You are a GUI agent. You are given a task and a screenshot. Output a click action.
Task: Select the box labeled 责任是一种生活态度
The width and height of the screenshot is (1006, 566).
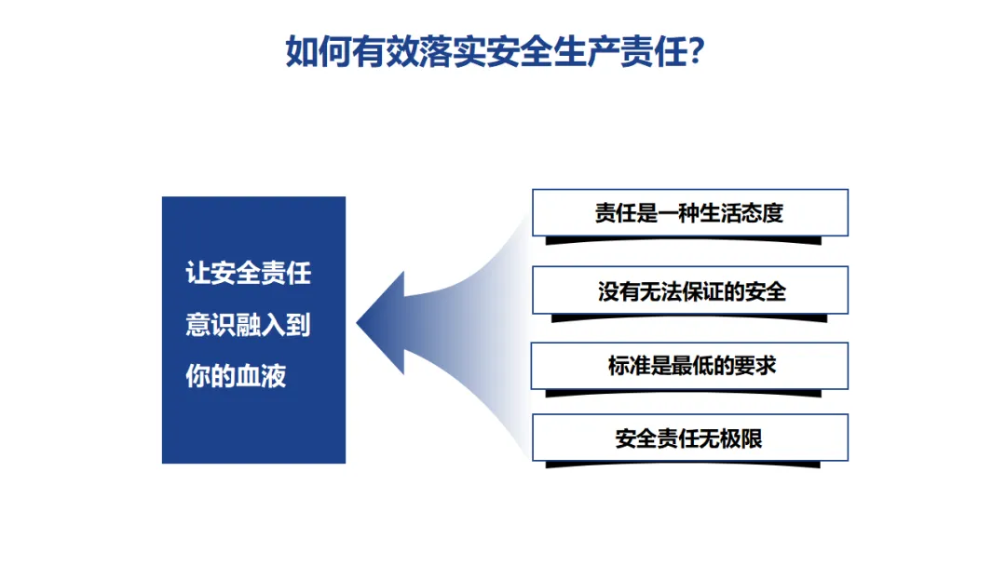[689, 212]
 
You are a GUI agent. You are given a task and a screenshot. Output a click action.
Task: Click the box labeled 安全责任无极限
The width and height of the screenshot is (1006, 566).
[689, 438]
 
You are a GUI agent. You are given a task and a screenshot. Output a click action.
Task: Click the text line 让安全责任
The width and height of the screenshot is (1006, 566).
[248, 274]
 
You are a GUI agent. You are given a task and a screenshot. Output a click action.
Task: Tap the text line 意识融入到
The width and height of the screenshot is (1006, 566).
[248, 325]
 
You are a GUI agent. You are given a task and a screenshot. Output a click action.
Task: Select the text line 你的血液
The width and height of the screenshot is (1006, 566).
[236, 376]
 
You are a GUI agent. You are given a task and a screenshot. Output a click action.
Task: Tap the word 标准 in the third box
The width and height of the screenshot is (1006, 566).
[629, 365]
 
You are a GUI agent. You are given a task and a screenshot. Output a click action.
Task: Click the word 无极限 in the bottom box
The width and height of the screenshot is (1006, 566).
[736, 438]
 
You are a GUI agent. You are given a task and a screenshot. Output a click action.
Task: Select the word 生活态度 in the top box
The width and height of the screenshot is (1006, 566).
[746, 212]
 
